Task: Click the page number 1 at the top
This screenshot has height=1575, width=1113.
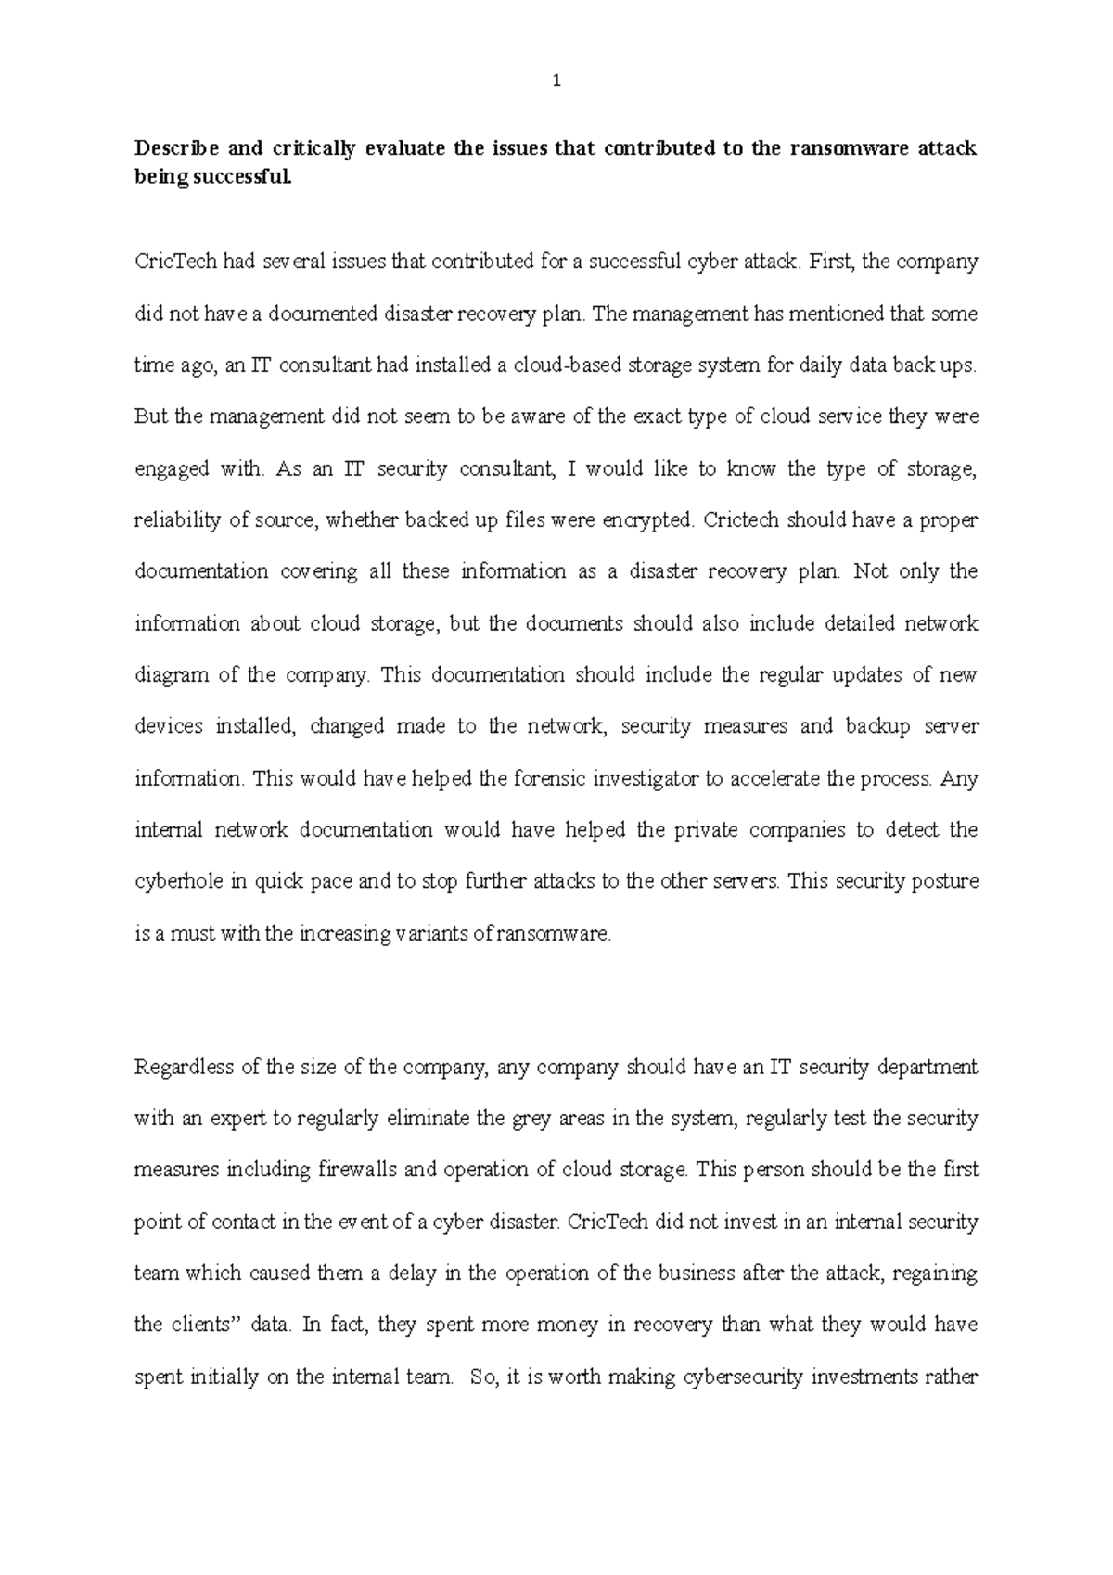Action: [x=556, y=82]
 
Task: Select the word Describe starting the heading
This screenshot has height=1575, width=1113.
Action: [x=173, y=148]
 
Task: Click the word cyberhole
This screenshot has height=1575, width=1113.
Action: [x=179, y=882]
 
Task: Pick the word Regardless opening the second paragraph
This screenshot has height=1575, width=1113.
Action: [x=184, y=1068]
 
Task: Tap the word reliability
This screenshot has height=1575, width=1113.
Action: [x=176, y=520]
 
